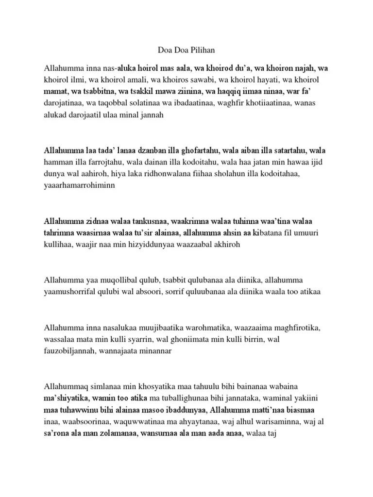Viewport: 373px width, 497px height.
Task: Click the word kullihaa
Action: [59, 244]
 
